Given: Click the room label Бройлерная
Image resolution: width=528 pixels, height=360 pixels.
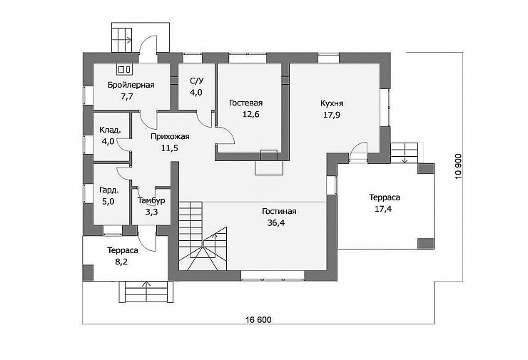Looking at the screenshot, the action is pyautogui.click(x=131, y=85).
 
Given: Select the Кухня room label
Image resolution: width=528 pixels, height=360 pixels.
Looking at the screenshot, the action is pyautogui.click(x=332, y=103).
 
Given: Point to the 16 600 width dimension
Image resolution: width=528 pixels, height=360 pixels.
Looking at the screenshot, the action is pyautogui.click(x=258, y=319).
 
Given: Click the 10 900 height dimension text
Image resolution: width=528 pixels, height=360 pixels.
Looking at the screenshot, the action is pyautogui.click(x=458, y=166).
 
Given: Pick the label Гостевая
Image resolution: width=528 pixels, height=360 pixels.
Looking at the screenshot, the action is pyautogui.click(x=246, y=103).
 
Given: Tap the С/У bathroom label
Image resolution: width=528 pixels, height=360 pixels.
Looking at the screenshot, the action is pyautogui.click(x=197, y=81).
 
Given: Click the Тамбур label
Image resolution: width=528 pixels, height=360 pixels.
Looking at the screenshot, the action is pyautogui.click(x=151, y=200).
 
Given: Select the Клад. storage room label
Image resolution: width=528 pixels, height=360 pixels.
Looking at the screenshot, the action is pyautogui.click(x=110, y=130).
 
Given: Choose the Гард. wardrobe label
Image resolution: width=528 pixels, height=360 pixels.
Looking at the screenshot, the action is pyautogui.click(x=108, y=190).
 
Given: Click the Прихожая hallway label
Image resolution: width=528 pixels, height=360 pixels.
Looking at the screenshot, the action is pyautogui.click(x=170, y=137).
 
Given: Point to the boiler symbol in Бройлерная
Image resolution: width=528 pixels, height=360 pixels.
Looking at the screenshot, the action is pyautogui.click(x=125, y=69).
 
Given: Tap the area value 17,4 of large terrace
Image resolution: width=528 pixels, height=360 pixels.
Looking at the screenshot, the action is pyautogui.click(x=384, y=209).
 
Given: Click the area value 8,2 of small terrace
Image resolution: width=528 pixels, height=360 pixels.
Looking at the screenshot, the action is pyautogui.click(x=121, y=262).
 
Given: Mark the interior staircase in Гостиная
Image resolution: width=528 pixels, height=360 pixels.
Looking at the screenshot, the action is pyautogui.click(x=203, y=236).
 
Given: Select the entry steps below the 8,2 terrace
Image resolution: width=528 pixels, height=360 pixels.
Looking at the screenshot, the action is pyautogui.click(x=146, y=293).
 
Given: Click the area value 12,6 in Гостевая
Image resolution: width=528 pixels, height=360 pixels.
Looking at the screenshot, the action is pyautogui.click(x=251, y=114).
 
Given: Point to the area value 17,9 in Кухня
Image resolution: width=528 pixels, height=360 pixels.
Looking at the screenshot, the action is pyautogui.click(x=332, y=115).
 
